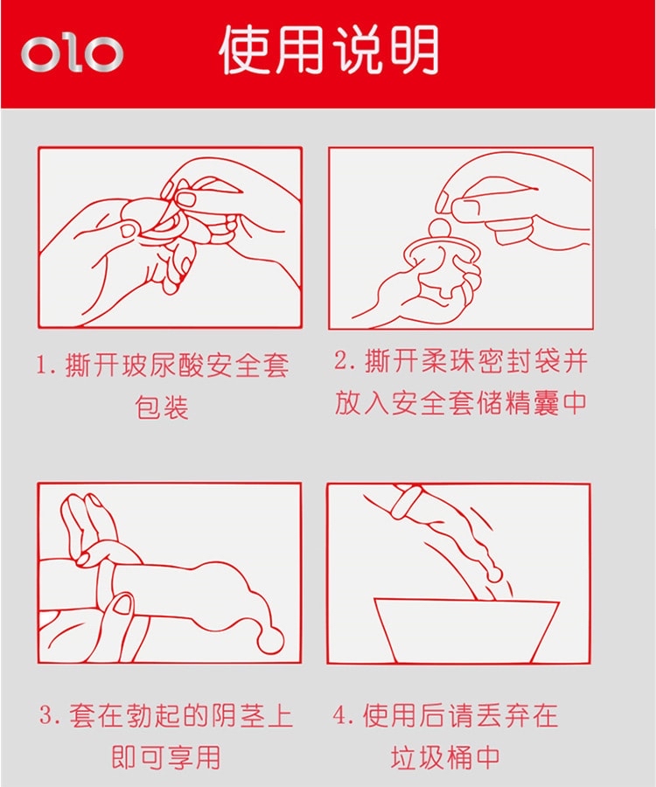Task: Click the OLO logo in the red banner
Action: (72, 52)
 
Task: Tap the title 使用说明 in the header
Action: (329, 50)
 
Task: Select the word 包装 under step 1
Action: (162, 407)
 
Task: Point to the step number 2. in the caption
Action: (345, 360)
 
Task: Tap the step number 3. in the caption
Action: (50, 714)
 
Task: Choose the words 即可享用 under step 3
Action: (166, 757)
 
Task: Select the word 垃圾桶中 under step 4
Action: (444, 757)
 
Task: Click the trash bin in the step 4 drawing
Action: (466, 630)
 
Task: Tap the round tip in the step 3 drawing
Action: (269, 639)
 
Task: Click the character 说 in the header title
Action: (357, 50)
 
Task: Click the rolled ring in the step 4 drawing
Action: (403, 501)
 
